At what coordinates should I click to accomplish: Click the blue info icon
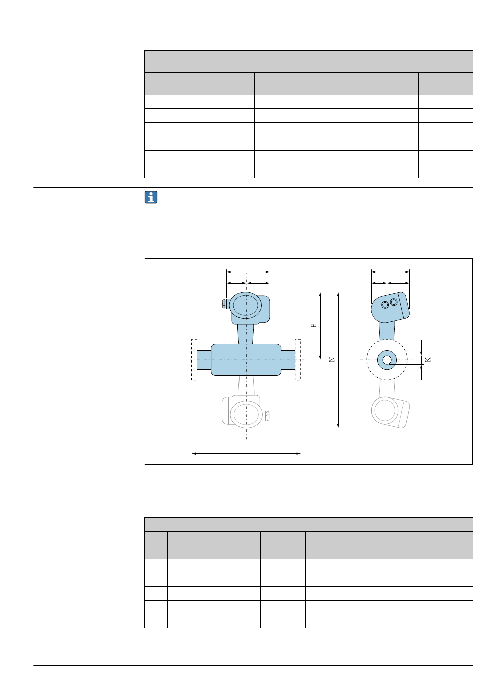pyautogui.click(x=151, y=197)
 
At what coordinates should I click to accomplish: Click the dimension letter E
pyautogui.click(x=313, y=325)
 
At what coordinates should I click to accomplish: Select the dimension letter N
pyautogui.click(x=332, y=359)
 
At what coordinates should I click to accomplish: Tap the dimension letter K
pyautogui.click(x=428, y=359)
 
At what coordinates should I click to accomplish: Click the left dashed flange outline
pyautogui.click(x=194, y=360)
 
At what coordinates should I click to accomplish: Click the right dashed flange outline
pyautogui.click(x=297, y=360)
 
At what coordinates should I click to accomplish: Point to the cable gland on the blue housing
pyautogui.click(x=225, y=304)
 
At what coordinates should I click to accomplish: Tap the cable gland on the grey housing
pyautogui.click(x=266, y=416)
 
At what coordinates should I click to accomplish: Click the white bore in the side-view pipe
pyautogui.click(x=387, y=360)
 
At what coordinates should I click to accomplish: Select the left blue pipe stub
pyautogui.click(x=204, y=360)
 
